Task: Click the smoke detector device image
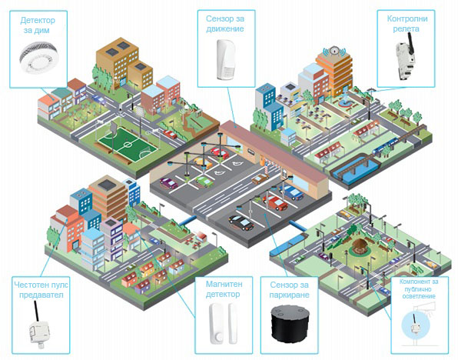(39, 58)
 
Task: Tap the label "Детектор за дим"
(38, 25)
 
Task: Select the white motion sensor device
(226, 59)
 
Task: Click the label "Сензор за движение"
(225, 24)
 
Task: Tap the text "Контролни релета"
(407, 24)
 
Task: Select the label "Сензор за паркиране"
(289, 289)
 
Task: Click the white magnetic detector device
(223, 323)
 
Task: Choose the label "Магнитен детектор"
(224, 289)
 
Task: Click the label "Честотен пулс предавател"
(41, 289)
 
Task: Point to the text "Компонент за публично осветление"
(419, 288)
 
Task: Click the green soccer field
(128, 144)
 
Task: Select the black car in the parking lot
(241, 222)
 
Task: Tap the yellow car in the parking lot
(202, 163)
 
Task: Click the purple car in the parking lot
(168, 183)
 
